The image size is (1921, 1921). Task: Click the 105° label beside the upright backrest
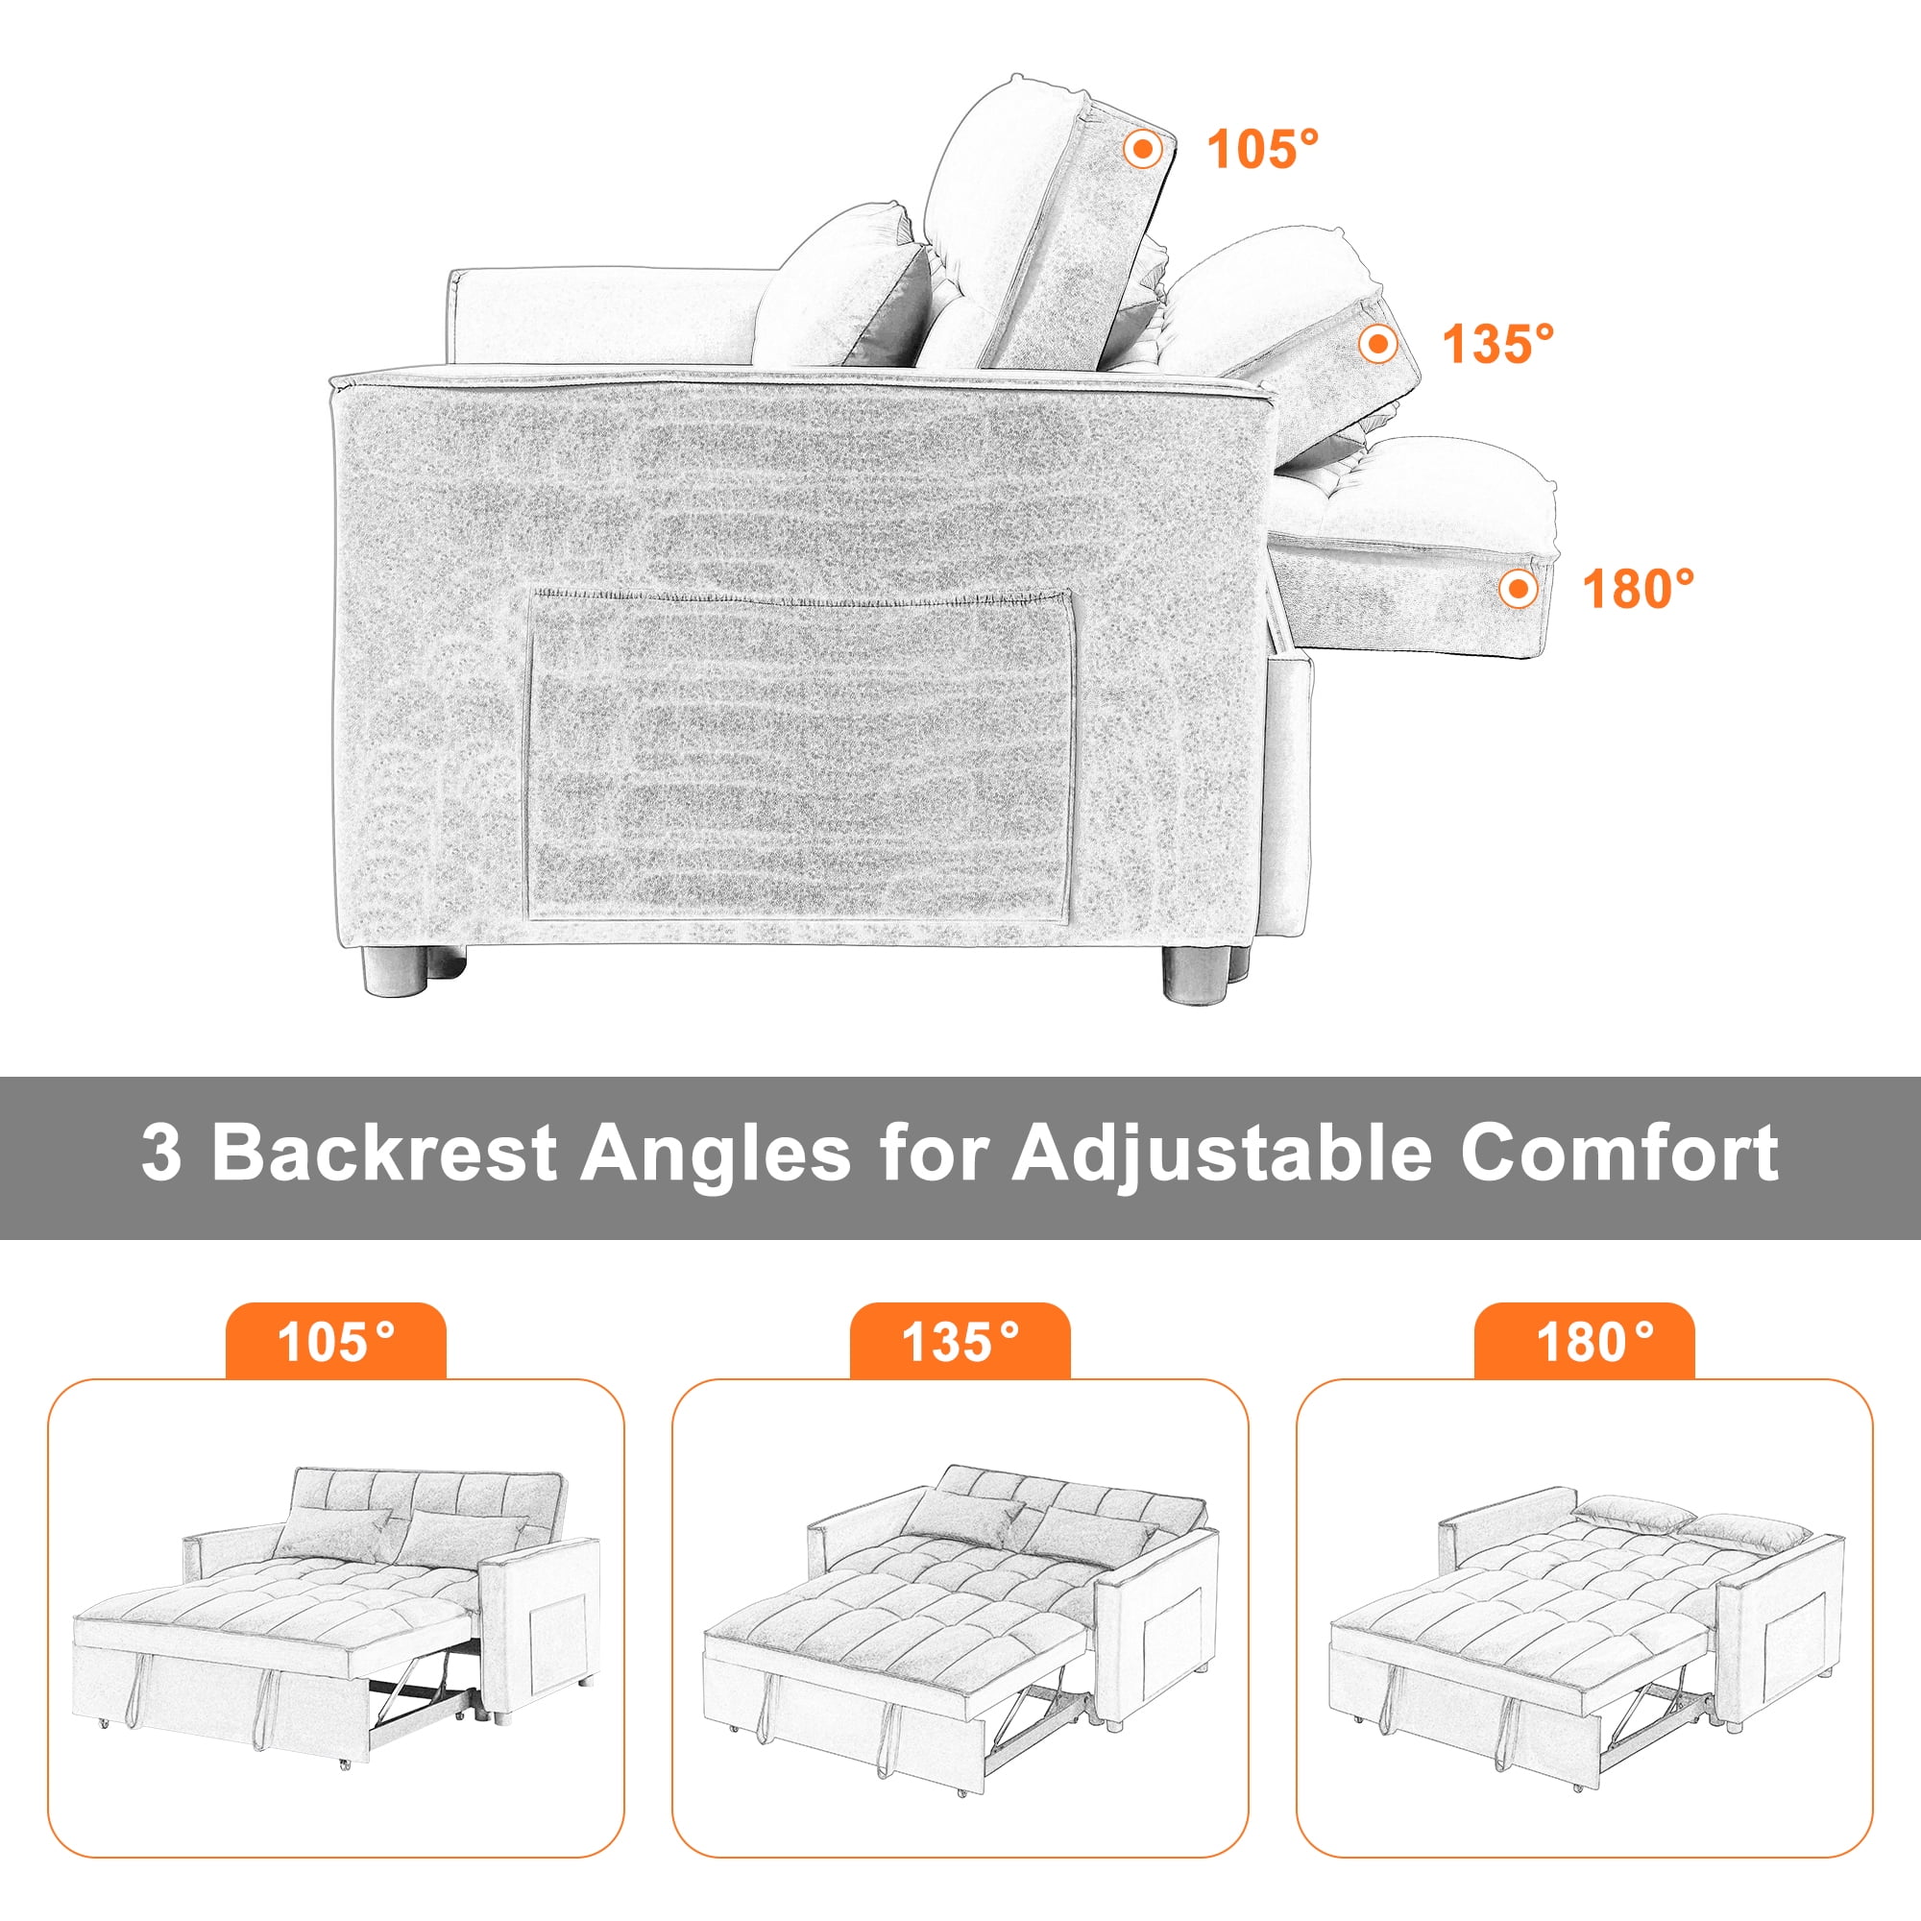(x=1262, y=150)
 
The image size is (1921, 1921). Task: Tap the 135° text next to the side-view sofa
(x=1497, y=344)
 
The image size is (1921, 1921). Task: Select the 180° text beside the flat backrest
(x=1638, y=589)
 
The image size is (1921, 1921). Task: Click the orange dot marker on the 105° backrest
(x=1143, y=150)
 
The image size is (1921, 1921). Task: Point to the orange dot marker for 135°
(x=1378, y=344)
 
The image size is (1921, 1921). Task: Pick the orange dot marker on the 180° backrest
(x=1518, y=589)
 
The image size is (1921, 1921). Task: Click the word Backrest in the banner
(x=383, y=1155)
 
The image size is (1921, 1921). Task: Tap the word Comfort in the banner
(x=1618, y=1155)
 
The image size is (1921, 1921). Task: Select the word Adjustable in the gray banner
(x=1224, y=1155)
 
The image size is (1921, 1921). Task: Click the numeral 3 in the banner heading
(x=161, y=1155)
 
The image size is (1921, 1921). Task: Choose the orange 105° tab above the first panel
(x=336, y=1343)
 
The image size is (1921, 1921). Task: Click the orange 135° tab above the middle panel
(x=960, y=1343)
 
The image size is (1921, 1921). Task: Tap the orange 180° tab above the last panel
(x=1584, y=1343)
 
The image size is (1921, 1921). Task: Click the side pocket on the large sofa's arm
(x=800, y=756)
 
